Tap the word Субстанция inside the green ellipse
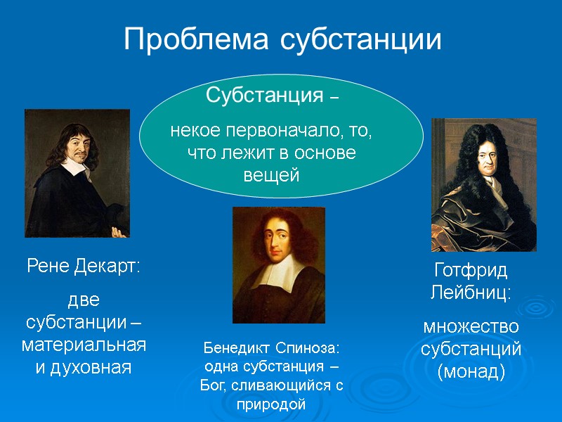(x=263, y=95)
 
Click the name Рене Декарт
(x=84, y=267)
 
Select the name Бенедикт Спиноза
(x=271, y=348)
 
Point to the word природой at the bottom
(x=271, y=404)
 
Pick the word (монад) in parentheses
(x=471, y=371)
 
